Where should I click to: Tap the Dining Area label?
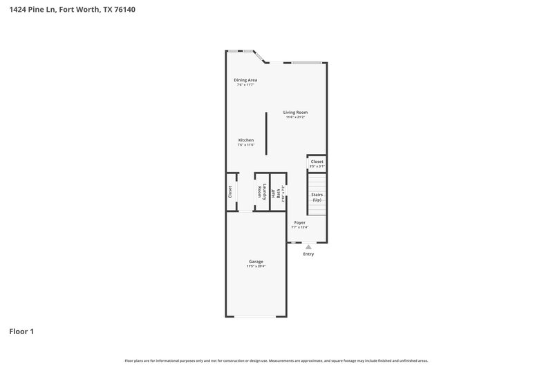(245, 80)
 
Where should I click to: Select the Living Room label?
(296, 112)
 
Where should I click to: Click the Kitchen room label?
(246, 140)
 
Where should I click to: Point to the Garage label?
(256, 262)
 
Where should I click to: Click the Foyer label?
(299, 222)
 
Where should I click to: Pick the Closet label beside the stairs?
(317, 162)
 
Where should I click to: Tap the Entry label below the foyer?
(308, 254)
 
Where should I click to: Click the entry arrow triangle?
(308, 246)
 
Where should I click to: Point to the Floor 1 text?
(21, 331)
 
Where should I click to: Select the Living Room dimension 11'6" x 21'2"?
(296, 117)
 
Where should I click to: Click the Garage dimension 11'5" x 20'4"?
(256, 267)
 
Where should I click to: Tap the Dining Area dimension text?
(245, 85)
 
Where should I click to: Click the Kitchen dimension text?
(246, 145)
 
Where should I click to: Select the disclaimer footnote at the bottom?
(276, 360)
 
